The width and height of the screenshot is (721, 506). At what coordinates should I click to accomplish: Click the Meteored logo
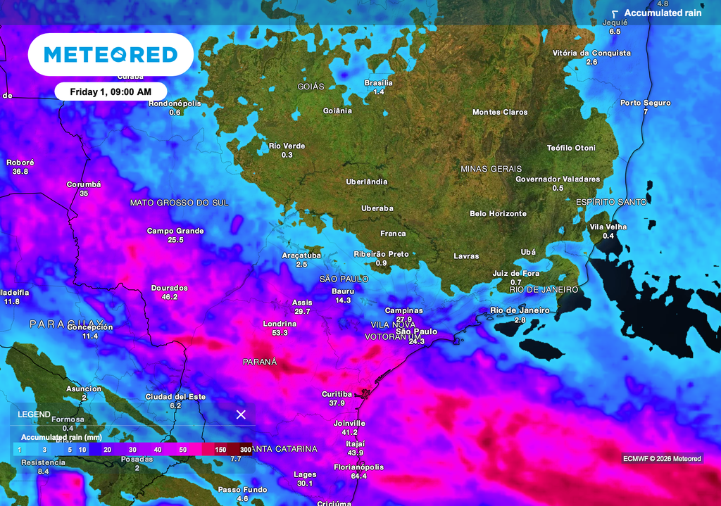pos(111,55)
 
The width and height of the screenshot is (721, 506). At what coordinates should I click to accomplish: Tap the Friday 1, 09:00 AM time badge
pos(111,91)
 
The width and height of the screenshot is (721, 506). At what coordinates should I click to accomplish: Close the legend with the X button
pos(241,415)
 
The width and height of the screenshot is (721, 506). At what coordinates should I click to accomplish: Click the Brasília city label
pos(378,83)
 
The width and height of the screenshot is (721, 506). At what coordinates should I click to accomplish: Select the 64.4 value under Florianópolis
pos(358,476)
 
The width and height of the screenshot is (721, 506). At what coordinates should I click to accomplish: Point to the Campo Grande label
pos(175,231)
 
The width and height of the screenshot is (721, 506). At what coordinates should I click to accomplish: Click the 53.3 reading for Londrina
pos(280,333)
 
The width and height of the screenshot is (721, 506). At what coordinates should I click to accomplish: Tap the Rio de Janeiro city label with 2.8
pos(520,310)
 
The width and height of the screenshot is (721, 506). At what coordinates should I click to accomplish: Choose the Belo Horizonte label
pos(498,213)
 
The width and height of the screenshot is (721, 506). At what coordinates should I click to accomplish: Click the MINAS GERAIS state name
pos(491,169)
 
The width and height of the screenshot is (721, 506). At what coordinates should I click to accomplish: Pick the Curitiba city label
pos(337,394)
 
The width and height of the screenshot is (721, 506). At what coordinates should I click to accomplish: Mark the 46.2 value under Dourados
pos(170,297)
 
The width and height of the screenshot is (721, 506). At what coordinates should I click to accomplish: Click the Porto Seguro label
pos(645,103)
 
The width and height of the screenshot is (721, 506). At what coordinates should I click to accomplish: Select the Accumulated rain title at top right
pos(663,13)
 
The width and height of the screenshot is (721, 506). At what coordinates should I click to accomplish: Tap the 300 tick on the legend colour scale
pos(245,449)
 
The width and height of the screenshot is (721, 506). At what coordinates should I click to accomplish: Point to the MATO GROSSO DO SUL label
pos(180,203)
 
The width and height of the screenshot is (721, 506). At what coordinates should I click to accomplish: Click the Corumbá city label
pos(84,184)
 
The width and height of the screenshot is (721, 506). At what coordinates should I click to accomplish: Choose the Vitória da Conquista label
pos(591,53)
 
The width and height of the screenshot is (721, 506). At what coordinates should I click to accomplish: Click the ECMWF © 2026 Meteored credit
pos(662,459)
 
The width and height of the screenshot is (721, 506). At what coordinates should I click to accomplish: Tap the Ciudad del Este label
pos(175,397)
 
